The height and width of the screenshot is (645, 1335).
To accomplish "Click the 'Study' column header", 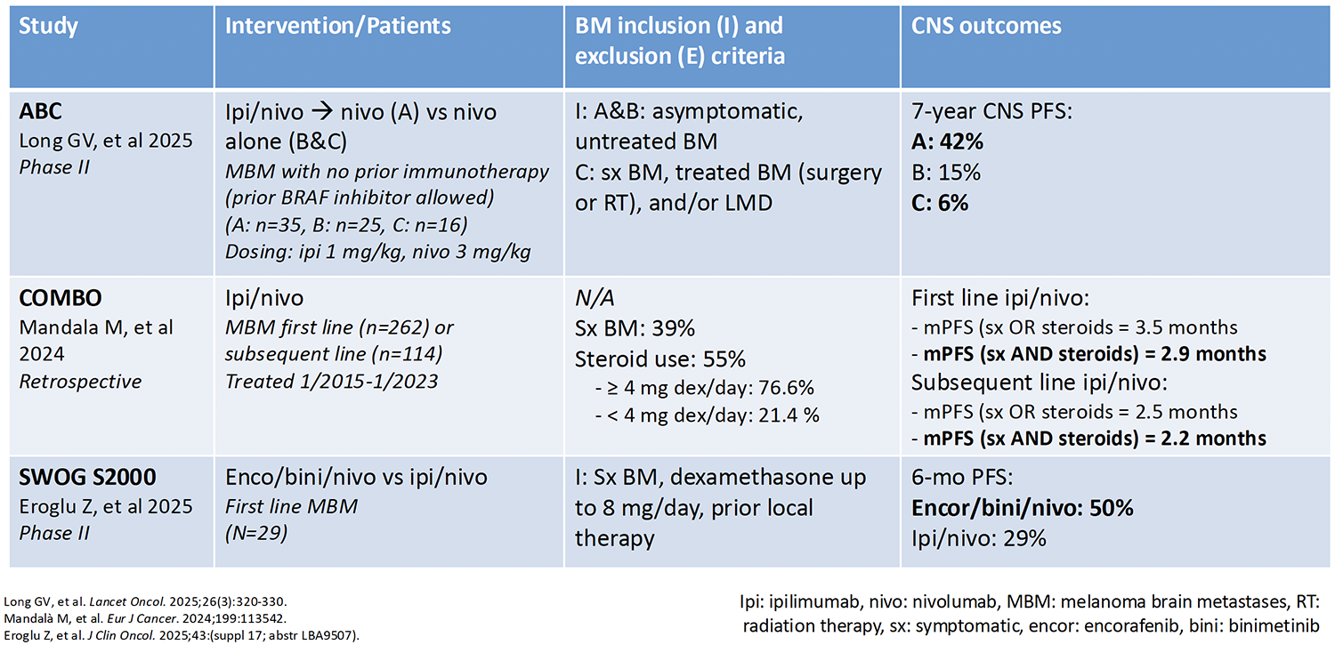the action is pos(48,27).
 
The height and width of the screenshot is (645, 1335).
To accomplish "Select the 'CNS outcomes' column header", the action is pos(986,26).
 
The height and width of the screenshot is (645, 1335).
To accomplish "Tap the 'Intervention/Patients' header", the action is pos(338,26).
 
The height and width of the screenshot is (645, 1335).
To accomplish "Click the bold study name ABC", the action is pos(40,111).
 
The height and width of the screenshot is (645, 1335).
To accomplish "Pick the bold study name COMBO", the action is pos(61,298).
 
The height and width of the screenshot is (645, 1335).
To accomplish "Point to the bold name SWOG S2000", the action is pos(87,477).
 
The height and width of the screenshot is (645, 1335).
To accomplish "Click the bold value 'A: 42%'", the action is pos(947,141).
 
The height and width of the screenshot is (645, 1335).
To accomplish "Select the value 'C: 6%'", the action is pos(940,203).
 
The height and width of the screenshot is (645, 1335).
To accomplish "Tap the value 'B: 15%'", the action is pos(946,173).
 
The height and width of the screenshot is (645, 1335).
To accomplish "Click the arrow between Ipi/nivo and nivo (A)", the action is pos(322,112).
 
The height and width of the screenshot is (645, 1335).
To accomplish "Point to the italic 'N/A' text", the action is pos(595,298).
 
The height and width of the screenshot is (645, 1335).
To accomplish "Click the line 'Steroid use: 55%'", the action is pos(660,359).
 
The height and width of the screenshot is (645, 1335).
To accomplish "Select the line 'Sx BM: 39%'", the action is pos(635,328).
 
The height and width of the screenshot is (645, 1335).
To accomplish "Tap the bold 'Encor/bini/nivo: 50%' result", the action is pos(1022,508).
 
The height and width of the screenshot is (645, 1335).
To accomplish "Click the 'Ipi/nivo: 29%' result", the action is pos(979,538).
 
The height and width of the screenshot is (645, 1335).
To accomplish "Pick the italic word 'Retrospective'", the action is pos(80,381).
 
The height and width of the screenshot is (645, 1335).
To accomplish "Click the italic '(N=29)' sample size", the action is pos(256,532).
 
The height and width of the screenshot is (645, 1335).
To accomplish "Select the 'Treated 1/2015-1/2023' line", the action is pos(331,381).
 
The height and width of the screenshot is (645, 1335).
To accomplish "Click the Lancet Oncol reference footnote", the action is pos(145,602).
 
